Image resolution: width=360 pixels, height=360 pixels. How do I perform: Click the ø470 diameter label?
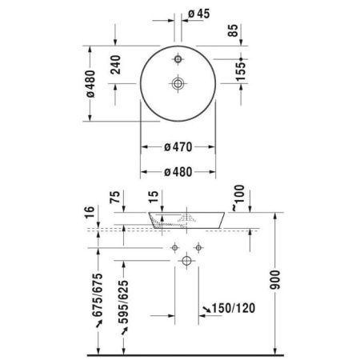tap(178, 147)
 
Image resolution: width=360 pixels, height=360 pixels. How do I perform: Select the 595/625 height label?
tap(126, 303)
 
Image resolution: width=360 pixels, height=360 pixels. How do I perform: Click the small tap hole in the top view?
tap(178, 58)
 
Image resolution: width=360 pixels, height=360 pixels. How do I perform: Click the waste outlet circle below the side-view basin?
tap(186, 260)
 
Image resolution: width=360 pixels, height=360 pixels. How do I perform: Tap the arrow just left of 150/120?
tap(206, 308)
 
